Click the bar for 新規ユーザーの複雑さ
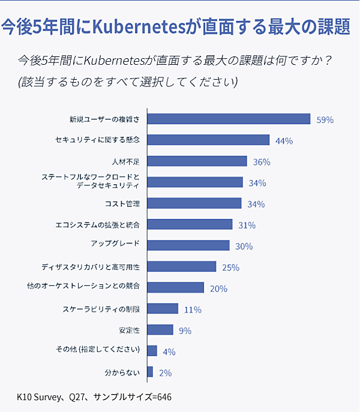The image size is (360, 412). tap(228, 119)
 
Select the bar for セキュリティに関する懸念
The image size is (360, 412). tap(208, 140)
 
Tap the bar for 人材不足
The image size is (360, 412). tap(197, 161)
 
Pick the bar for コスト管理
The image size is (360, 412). tap(194, 203)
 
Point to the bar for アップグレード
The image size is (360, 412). tap(188, 245)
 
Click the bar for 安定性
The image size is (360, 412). tap(160, 330)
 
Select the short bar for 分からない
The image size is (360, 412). tap(150, 372)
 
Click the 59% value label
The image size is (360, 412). tap(325, 119)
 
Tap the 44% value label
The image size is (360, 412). tap(284, 141)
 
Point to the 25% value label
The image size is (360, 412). tap(230, 267)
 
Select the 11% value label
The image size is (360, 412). tap(193, 309)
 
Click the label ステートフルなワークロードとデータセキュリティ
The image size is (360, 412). tap(90, 182)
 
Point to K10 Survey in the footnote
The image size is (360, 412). tap(40, 397)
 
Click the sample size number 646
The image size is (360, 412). tap(164, 397)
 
